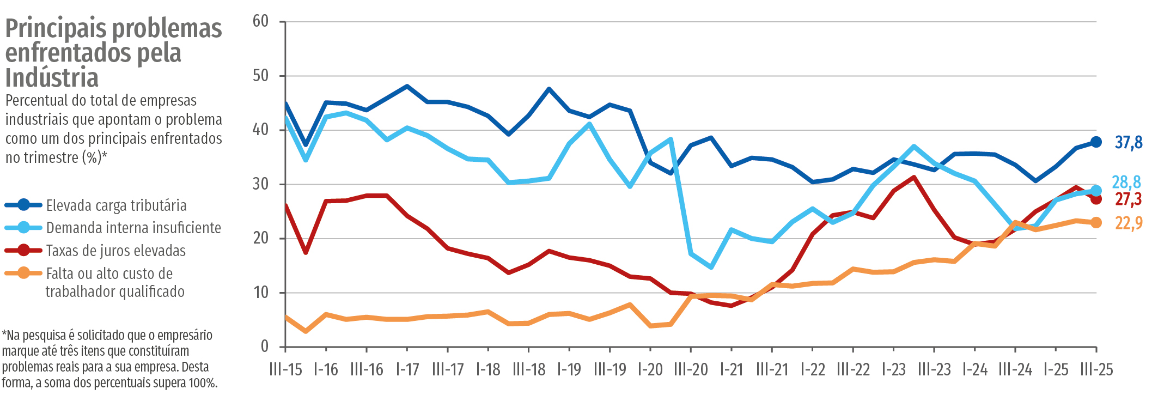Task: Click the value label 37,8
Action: pos(1128,143)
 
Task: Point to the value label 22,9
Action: pos(1128,223)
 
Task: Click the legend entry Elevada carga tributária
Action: pos(116,205)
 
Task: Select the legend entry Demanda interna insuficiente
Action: pos(133,228)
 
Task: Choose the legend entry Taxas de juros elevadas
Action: pos(115,251)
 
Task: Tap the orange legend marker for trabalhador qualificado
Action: pos(23,273)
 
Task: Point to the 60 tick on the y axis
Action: pos(261,21)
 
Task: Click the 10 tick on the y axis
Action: pos(261,293)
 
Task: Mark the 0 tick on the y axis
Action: pos(265,347)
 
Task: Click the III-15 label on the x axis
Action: pos(285,370)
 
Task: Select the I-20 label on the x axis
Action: pos(650,370)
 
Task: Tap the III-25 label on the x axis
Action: pos(1096,370)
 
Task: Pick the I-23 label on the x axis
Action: pos(893,370)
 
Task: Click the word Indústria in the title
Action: pos(52,77)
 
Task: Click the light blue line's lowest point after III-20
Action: pos(711,267)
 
